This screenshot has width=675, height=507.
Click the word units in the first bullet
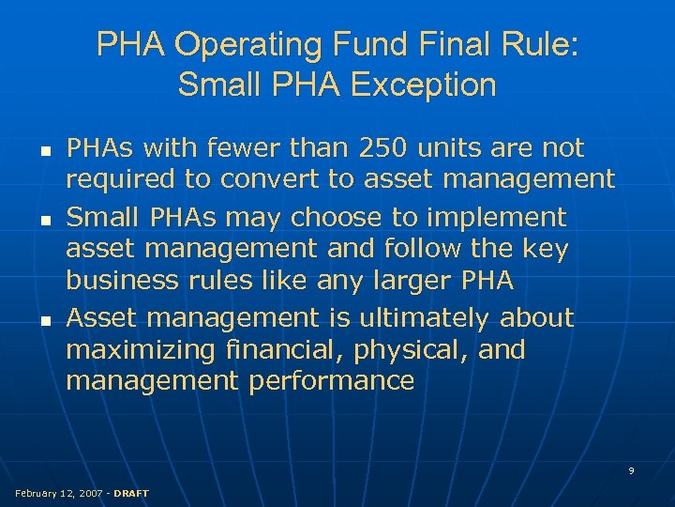(x=456, y=148)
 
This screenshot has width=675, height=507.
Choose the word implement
(x=497, y=218)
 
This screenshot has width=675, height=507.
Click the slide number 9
(x=631, y=470)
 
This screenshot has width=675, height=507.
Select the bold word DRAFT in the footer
(x=131, y=493)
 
